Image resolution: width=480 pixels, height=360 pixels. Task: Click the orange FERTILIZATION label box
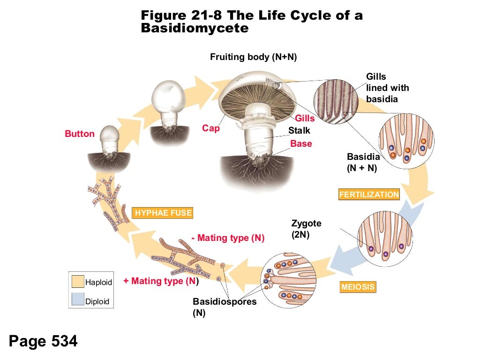pyautogui.click(x=369, y=195)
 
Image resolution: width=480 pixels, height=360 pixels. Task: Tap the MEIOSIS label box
pyautogui.click(x=358, y=287)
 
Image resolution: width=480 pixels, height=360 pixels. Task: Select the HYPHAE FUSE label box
pyautogui.click(x=163, y=213)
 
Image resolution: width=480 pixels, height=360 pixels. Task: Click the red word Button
pyautogui.click(x=80, y=134)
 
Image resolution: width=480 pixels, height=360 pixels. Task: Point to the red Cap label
pyautogui.click(x=211, y=128)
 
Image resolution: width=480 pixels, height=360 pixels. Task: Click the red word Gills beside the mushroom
pyautogui.click(x=305, y=119)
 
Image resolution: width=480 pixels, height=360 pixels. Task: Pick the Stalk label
pyautogui.click(x=299, y=131)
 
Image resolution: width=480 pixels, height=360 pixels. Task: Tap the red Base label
pyautogui.click(x=301, y=144)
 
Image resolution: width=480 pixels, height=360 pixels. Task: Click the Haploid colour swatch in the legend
pyautogui.click(x=77, y=282)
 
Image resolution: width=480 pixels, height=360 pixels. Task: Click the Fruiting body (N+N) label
pyautogui.click(x=254, y=57)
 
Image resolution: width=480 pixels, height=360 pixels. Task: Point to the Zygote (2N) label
pyautogui.click(x=306, y=229)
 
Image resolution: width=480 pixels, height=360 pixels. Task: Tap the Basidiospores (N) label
pyautogui.click(x=225, y=307)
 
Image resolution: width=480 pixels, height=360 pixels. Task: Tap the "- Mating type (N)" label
pyautogui.click(x=228, y=238)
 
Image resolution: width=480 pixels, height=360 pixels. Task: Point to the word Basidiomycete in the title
pyautogui.click(x=195, y=28)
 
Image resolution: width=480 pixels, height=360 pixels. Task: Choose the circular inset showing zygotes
pyautogui.click(x=385, y=239)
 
